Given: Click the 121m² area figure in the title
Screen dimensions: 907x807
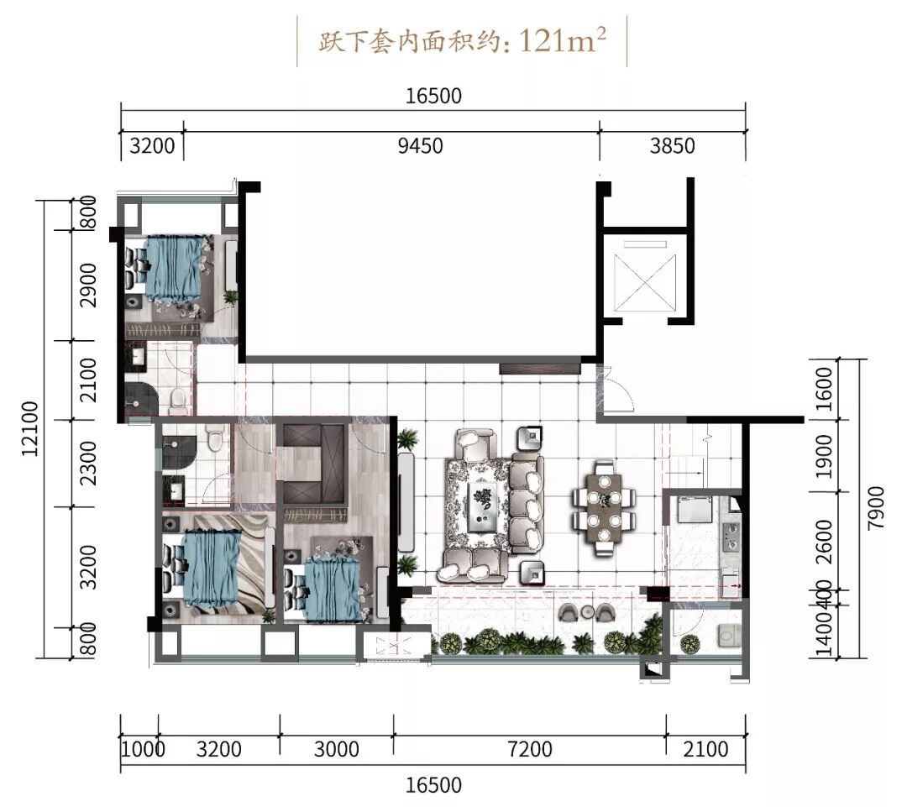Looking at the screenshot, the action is (x=562, y=40).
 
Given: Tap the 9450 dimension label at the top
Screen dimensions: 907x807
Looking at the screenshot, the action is (x=421, y=146).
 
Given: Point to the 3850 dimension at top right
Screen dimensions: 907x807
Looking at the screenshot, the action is (x=672, y=146).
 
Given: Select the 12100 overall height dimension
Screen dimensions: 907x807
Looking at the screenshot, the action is (x=30, y=428).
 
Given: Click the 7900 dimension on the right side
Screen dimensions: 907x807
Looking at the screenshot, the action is (x=876, y=506).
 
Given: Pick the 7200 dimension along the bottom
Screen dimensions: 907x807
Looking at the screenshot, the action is (x=530, y=749).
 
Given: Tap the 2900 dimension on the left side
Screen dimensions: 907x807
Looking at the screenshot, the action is (x=88, y=286).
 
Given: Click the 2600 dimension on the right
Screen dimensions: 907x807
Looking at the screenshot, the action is (x=825, y=542).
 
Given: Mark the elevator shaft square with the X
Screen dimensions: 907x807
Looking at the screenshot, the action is (x=645, y=282).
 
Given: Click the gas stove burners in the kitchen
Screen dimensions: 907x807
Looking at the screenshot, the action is (x=731, y=536).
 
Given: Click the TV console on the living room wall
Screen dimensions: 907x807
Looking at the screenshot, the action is (x=406, y=501).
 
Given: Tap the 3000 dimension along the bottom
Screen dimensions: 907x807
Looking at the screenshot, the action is (x=337, y=749).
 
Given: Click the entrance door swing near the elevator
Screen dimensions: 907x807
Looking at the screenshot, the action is (x=619, y=390).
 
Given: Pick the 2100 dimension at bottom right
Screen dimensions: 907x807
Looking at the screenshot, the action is (x=705, y=749).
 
